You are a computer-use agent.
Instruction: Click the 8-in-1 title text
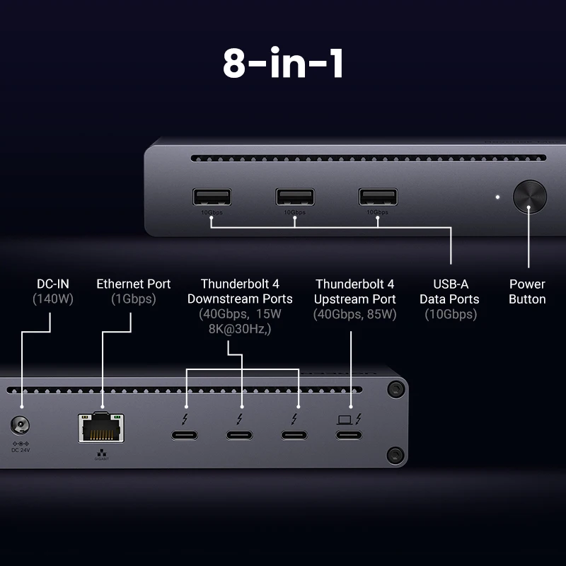[283, 64]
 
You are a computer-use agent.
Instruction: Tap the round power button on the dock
[529, 197]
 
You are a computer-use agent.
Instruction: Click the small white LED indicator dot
[497, 197]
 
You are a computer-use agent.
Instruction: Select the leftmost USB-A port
[212, 197]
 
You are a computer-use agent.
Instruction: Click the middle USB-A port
[294, 197]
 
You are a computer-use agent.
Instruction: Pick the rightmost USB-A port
[376, 197]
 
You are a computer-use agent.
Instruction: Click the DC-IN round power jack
[21, 427]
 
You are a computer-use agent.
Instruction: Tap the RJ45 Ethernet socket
[100, 428]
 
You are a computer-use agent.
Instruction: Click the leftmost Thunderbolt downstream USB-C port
[185, 434]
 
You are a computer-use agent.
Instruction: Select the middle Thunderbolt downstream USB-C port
[241, 434]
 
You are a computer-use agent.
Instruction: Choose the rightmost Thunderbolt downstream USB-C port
[296, 434]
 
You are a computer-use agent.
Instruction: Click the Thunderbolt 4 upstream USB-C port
[350, 434]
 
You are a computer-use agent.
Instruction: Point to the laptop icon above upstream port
[345, 418]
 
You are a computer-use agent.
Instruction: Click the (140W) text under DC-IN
[53, 299]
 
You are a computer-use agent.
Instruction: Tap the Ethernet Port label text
[134, 284]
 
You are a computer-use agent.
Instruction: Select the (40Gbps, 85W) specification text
[356, 313]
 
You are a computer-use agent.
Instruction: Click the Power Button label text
[527, 291]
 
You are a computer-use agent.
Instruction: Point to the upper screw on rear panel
[395, 388]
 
